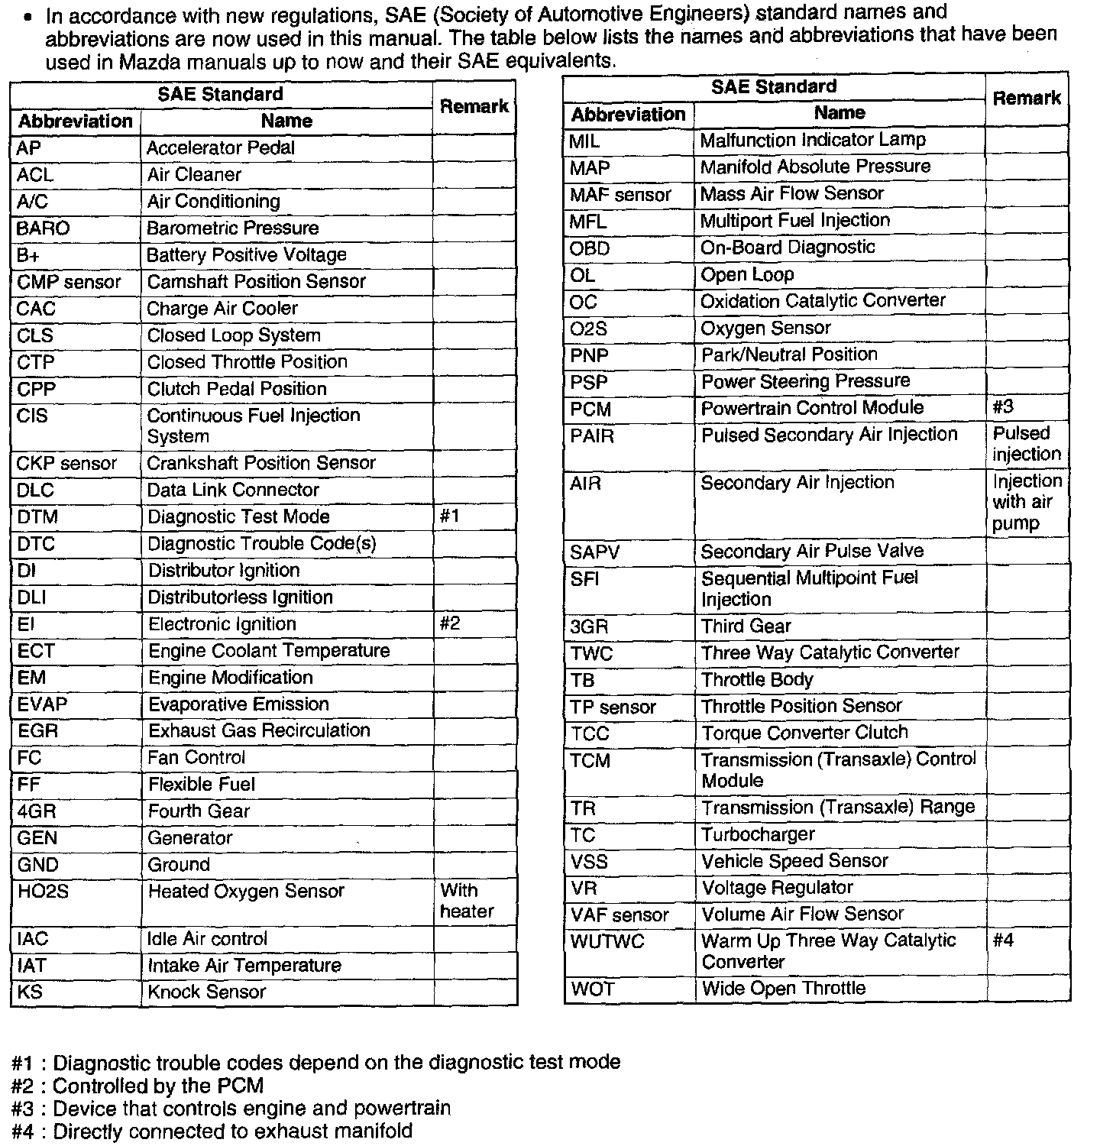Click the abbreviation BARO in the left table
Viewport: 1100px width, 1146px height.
43,228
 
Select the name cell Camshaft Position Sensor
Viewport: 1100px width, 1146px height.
256,282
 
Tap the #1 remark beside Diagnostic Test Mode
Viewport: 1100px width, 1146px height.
450,516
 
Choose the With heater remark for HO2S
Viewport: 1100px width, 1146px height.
467,902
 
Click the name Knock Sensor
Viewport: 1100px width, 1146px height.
206,992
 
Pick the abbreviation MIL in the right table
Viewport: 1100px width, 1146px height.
584,141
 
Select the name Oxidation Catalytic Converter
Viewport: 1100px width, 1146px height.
823,301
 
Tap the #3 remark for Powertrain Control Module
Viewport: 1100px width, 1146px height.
1003,407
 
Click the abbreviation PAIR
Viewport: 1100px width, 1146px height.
592,436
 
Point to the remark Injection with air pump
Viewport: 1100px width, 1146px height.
1027,502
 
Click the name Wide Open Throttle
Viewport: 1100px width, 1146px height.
783,989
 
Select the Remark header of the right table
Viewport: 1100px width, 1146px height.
1026,99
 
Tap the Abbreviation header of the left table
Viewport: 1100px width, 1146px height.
75,121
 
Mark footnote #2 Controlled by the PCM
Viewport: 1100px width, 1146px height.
138,1086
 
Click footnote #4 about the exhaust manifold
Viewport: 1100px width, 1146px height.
212,1131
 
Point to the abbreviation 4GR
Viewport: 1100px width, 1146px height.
37,811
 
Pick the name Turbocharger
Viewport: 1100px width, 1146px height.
758,834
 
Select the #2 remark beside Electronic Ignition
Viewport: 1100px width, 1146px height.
450,624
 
